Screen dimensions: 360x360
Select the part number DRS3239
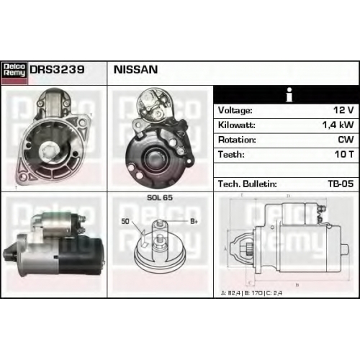[x=57, y=70]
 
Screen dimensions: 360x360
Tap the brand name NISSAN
[x=135, y=70]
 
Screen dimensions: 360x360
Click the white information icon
[x=289, y=94]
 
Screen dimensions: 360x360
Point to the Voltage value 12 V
[x=343, y=110]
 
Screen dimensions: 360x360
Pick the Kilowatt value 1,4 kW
[x=338, y=125]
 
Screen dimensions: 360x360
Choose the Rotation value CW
[x=346, y=140]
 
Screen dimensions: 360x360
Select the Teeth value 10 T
[x=344, y=154]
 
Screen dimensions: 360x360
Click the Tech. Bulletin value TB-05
[x=341, y=184]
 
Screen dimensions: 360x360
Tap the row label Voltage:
[x=235, y=110]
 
